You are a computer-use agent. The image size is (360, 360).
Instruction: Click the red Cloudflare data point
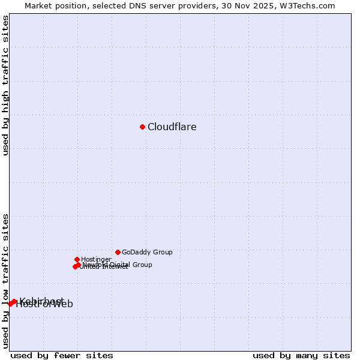coord(142,127)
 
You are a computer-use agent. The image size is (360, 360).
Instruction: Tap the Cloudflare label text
coord(172,127)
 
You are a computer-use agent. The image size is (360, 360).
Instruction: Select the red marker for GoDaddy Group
coord(118,252)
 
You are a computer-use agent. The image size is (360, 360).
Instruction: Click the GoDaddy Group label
coord(147,253)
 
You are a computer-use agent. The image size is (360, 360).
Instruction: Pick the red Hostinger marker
coord(77,259)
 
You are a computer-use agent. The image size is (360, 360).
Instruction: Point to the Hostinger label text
coord(96,259)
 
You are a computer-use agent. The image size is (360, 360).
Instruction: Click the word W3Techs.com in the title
coord(305,6)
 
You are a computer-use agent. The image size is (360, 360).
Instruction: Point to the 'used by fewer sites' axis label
coord(62,355)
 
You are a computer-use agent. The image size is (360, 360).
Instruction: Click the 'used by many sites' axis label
coord(301,355)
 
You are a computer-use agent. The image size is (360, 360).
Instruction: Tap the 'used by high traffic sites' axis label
coord(6,85)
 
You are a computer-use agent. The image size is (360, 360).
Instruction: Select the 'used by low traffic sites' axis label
coord(6,280)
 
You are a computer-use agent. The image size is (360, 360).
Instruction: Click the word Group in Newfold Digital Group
coord(142,265)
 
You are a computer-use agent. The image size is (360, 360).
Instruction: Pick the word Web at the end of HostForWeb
coord(63,304)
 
